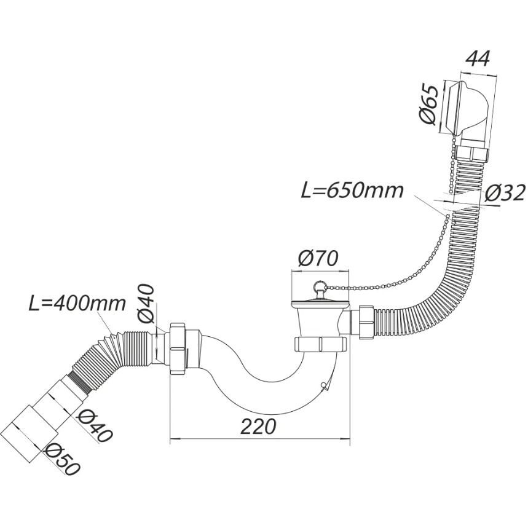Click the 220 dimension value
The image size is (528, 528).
pos(258,427)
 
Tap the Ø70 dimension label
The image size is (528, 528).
pos(318,259)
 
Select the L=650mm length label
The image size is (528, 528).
pos(352,191)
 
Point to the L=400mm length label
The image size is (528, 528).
pos(76,304)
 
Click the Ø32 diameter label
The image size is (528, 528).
pos(505,193)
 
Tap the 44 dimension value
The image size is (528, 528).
pos(476,59)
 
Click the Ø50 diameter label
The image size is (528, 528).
pos(63,459)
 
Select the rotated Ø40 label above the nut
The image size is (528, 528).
pos(145,304)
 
